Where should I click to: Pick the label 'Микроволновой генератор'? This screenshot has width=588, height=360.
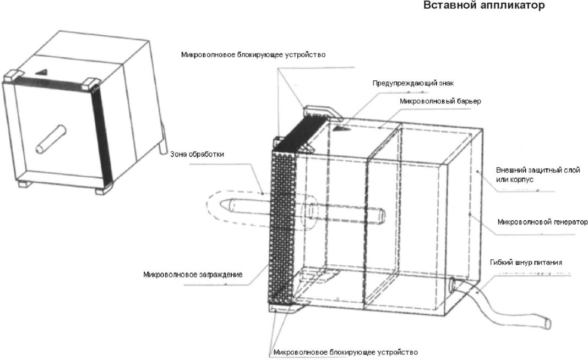coord(542,222)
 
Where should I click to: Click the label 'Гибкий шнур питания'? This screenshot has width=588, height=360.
coord(525,263)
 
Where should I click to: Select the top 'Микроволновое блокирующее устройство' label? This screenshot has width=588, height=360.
coord(254,55)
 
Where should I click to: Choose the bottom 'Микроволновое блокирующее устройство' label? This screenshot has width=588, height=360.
coord(345,352)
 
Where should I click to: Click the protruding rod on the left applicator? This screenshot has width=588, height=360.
coord(51,138)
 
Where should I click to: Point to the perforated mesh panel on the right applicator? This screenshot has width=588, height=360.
coord(284,220)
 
